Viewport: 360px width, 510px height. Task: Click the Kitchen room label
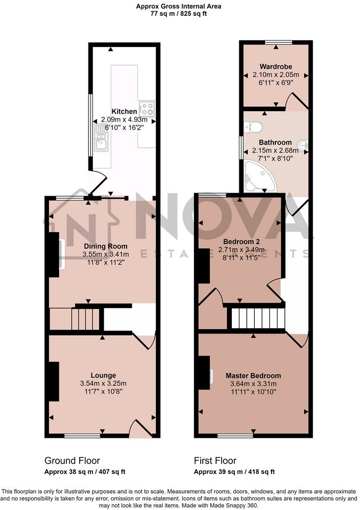coord(124,111)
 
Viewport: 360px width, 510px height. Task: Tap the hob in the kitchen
coord(147,108)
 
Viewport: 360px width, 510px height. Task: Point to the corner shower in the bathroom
coord(260,177)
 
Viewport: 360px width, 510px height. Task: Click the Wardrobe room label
coord(276,67)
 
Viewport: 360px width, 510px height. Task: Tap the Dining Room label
coord(106,246)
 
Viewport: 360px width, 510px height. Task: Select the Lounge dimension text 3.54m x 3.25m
coord(103,383)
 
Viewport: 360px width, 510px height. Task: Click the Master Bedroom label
coord(253,376)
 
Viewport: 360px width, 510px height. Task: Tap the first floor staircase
coord(258,318)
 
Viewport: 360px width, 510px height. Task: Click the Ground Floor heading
coord(72,461)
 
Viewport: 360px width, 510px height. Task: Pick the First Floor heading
coord(215,461)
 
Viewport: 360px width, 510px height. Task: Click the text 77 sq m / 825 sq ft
coord(179,14)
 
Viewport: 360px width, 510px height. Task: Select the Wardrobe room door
coord(297,101)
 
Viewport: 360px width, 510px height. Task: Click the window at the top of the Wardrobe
coord(278,42)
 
